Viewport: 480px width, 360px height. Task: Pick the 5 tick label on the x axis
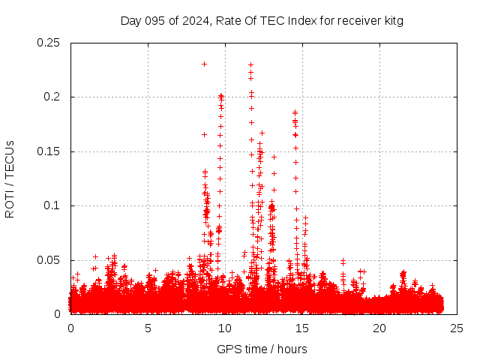(148, 328)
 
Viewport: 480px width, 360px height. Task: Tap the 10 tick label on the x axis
(225, 328)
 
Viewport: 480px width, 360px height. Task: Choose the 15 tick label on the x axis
(302, 328)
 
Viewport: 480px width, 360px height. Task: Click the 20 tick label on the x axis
(379, 328)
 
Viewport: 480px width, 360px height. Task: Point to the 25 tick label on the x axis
(457, 328)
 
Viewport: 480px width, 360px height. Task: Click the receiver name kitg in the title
(393, 20)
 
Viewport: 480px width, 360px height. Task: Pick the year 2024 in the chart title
(193, 20)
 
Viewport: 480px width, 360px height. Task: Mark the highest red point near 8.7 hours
(204, 64)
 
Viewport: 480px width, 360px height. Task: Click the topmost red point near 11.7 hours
(250, 64)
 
